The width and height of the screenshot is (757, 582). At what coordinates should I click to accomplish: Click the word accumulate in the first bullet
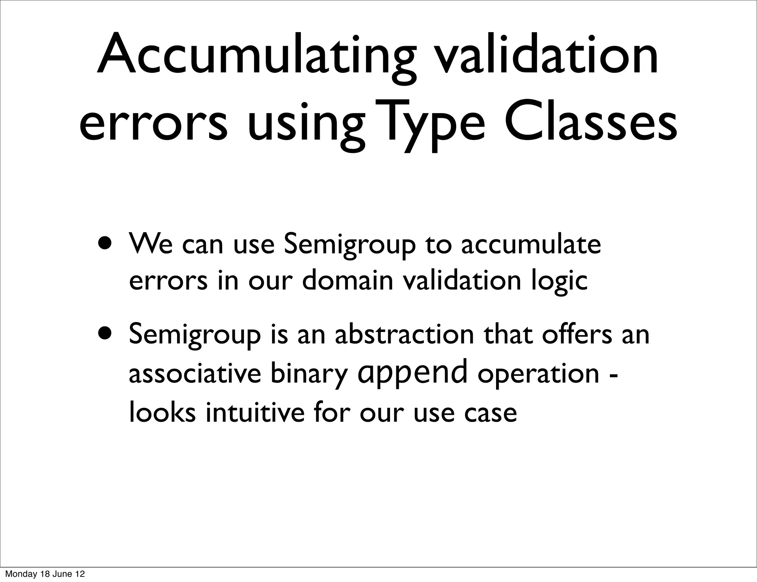(531, 244)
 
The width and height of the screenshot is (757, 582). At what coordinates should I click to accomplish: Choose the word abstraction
(404, 334)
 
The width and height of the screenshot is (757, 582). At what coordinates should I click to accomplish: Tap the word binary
(309, 374)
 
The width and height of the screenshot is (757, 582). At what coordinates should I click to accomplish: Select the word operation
(538, 374)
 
